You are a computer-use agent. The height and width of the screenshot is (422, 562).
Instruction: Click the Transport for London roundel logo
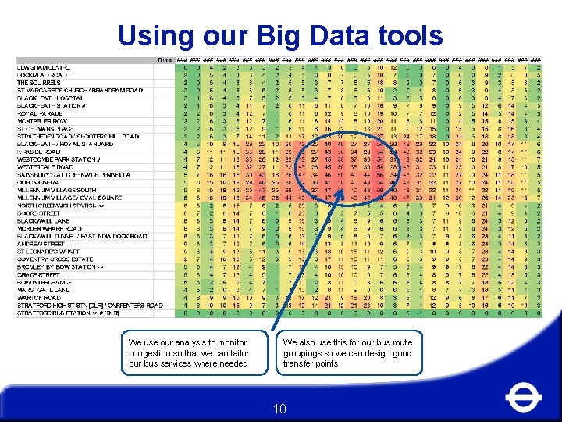(x=523, y=398)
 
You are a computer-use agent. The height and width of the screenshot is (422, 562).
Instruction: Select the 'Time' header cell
(x=165, y=60)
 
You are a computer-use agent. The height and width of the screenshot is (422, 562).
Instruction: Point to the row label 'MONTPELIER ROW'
(x=44, y=121)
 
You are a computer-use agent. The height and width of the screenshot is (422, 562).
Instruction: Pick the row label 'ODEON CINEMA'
(x=39, y=183)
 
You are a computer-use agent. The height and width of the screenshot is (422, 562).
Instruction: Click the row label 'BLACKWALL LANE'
(x=42, y=221)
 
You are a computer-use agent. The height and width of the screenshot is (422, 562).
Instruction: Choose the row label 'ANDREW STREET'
(x=41, y=244)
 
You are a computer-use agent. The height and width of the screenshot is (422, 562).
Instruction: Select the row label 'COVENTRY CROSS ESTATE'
(x=54, y=259)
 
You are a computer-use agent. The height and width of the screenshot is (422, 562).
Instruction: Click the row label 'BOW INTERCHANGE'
(x=46, y=282)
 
